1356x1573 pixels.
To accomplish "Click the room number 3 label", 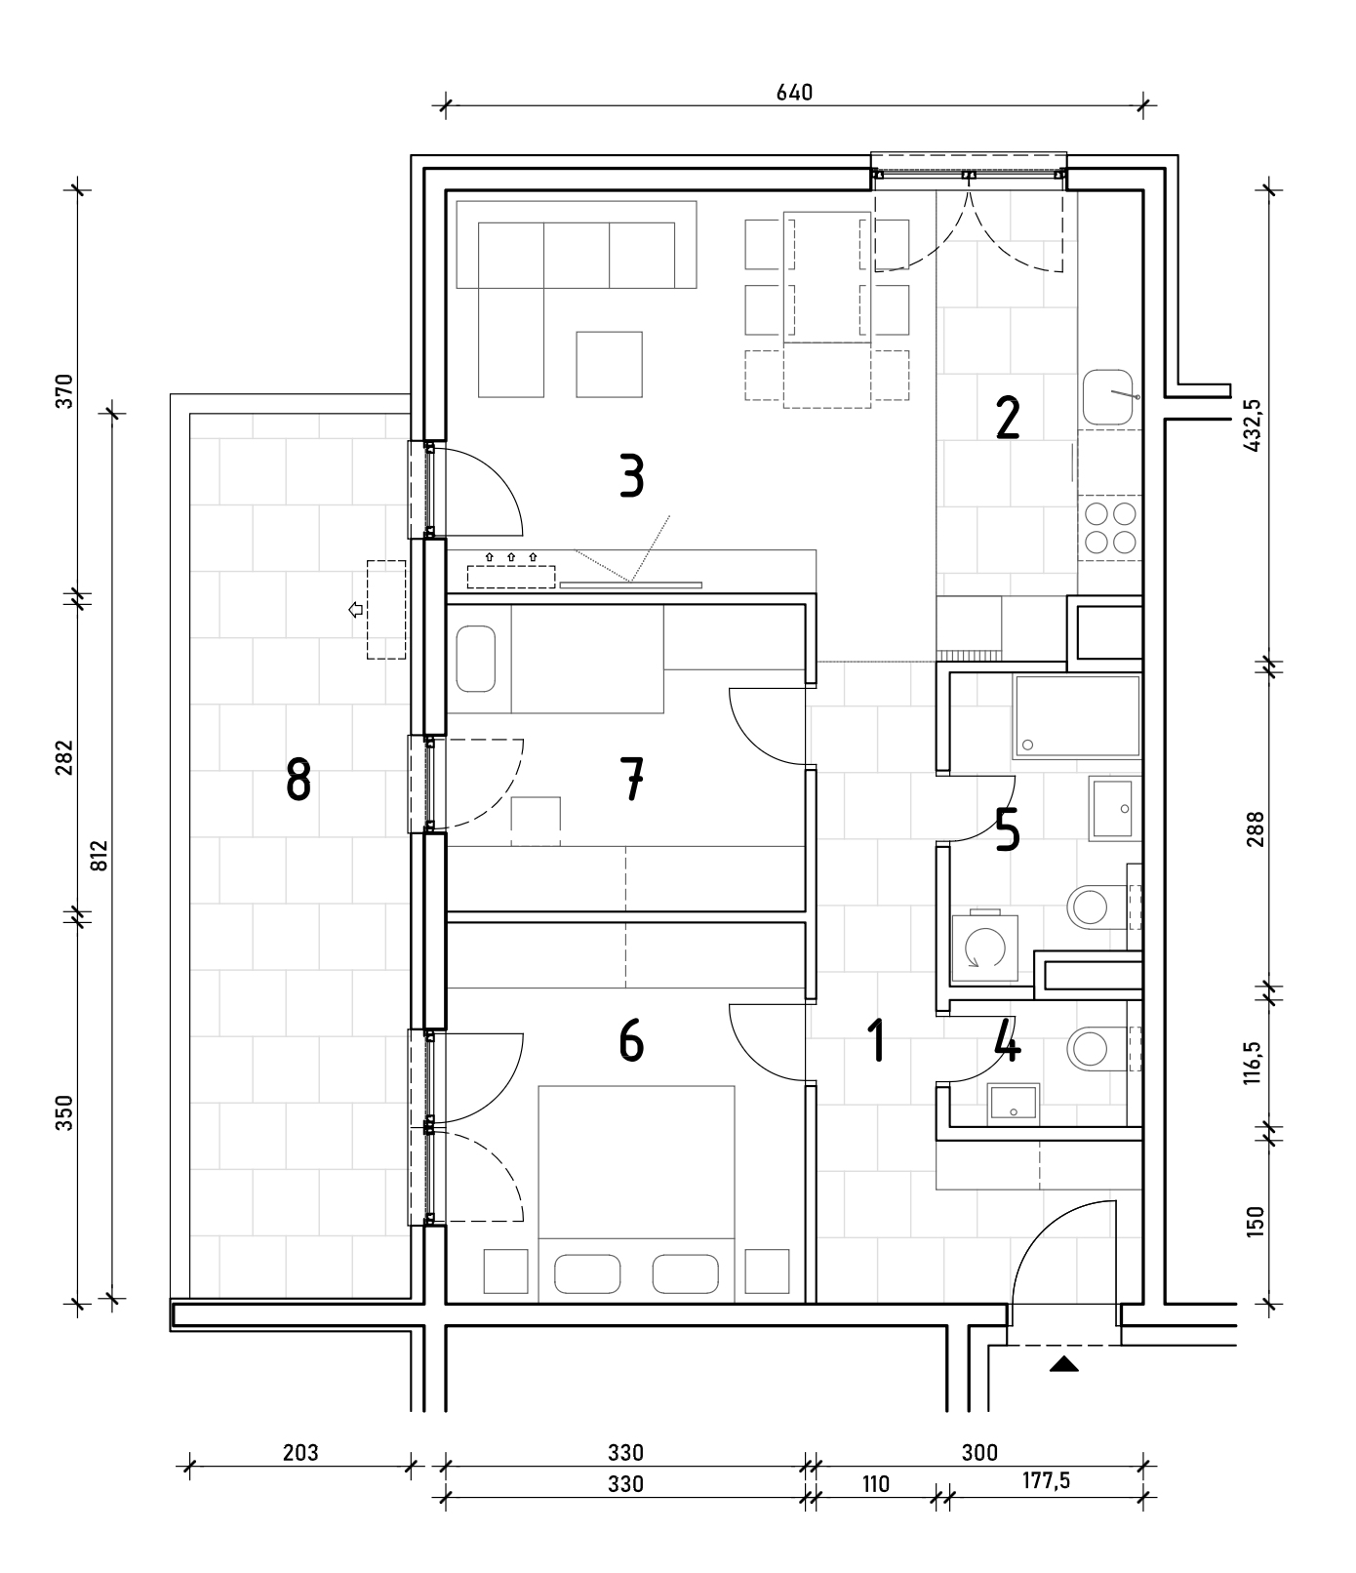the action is [632, 478].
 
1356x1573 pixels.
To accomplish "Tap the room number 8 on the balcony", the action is [299, 781].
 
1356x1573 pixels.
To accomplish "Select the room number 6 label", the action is [631, 1040].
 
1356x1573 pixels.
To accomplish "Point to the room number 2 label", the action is [1007, 418].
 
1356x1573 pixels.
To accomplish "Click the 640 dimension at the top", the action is [794, 93].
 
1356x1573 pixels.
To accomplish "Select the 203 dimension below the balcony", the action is [300, 1453].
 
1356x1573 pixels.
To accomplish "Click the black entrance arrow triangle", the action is [1064, 1364].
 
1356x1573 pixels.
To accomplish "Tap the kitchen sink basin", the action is [1107, 397].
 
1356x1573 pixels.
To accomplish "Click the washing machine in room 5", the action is [983, 947].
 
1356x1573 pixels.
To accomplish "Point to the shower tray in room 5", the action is [1077, 716].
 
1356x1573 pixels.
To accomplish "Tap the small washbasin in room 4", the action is [1014, 1104].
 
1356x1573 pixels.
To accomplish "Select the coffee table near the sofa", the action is [609, 364].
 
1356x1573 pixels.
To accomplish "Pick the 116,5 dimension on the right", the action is [1254, 1063].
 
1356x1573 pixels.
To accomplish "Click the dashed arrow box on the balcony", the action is [385, 609].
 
